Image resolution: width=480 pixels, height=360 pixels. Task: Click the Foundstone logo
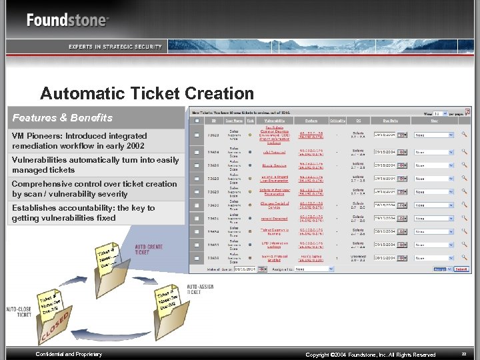67,20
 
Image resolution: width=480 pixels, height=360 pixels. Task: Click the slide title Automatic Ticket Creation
147,93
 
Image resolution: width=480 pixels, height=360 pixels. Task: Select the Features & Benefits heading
63,118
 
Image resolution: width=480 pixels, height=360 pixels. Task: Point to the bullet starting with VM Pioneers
79,141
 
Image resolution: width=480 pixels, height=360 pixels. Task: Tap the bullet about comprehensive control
95,189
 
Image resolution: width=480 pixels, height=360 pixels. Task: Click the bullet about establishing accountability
83,213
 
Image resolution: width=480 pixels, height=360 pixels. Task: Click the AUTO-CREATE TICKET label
148,250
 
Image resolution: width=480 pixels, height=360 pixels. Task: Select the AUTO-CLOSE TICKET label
19,312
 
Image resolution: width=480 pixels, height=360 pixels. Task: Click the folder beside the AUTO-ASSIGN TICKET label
167,307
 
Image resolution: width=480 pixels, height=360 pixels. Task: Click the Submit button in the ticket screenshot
461,269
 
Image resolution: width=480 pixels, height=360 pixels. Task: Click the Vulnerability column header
273,121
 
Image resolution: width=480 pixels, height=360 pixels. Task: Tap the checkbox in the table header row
197,121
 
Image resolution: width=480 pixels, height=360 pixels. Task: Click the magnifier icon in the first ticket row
465,135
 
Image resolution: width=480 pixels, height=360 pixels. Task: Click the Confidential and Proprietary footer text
69,354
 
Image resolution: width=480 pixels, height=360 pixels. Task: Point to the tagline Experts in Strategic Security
115,47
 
